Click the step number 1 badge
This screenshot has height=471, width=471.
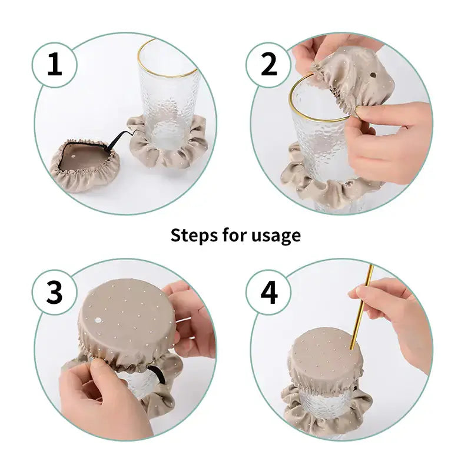[54, 64]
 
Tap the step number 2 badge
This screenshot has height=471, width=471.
[269, 64]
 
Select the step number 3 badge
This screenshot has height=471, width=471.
[54, 293]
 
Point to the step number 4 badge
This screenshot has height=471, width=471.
[269, 293]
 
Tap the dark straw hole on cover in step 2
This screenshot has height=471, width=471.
[374, 75]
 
